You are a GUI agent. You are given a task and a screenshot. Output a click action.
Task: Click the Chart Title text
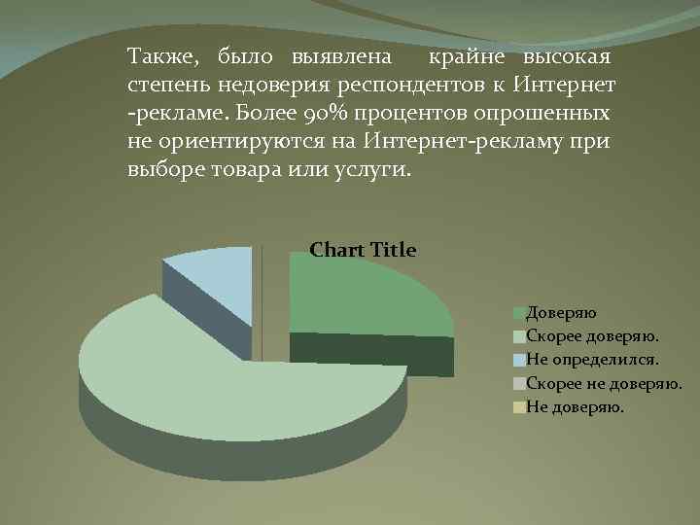tap(363, 250)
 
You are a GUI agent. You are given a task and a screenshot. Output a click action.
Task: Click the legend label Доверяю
tap(561, 312)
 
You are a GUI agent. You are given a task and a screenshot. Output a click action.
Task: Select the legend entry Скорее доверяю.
tap(591, 335)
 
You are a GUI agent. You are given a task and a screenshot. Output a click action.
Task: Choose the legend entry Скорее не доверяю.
tap(603, 383)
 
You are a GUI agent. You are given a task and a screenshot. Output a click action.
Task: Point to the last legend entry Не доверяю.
tap(575, 406)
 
